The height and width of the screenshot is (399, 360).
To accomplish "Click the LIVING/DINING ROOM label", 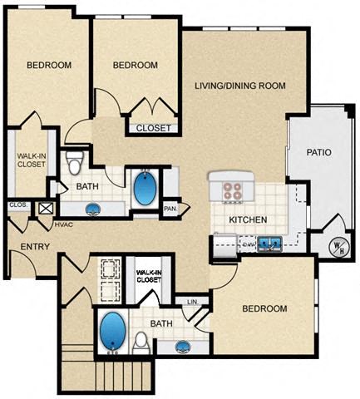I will (240, 86).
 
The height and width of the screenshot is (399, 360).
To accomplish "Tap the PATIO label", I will (318, 152).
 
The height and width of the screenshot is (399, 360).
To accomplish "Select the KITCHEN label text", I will (247, 219).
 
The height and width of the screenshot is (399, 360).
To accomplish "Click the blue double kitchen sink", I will (268, 244).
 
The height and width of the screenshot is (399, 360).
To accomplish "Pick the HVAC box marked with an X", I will (46, 209).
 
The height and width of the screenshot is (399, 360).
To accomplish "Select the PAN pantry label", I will (170, 209).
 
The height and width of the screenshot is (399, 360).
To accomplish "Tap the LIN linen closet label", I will (192, 302).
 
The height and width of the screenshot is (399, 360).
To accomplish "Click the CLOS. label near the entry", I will (17, 204).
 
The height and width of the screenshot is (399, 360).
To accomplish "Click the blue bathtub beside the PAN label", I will (144, 188).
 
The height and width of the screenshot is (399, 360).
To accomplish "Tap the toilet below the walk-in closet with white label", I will (141, 341).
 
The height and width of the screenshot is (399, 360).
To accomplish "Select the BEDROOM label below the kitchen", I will (264, 308).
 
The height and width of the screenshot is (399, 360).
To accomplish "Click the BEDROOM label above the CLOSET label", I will (135, 66).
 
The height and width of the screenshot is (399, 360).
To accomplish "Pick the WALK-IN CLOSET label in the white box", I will (148, 276).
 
